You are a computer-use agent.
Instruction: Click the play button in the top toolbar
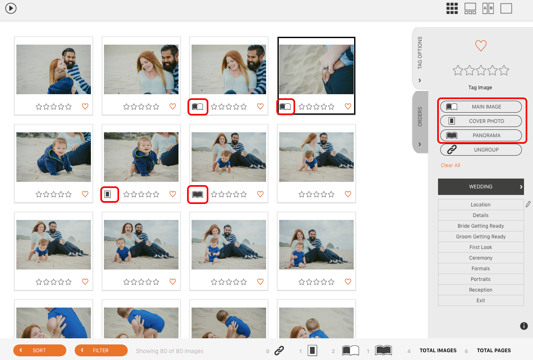click(x=11, y=8)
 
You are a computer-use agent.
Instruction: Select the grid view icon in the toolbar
click(x=452, y=9)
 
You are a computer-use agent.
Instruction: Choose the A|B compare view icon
click(x=488, y=9)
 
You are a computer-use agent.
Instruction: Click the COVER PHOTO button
click(x=481, y=121)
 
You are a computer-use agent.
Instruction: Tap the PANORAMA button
click(x=481, y=135)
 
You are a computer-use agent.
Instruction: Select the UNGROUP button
click(x=481, y=150)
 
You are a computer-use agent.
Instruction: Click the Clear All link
click(x=450, y=165)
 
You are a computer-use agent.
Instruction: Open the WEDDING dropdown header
click(x=481, y=187)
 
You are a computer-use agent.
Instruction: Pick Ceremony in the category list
click(x=481, y=258)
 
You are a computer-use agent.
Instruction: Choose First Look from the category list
click(x=481, y=247)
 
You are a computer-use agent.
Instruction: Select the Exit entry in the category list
click(x=481, y=301)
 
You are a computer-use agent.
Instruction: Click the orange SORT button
click(x=40, y=350)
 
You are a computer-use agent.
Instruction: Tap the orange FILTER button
click(x=101, y=350)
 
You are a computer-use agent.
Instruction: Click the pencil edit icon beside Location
click(x=528, y=204)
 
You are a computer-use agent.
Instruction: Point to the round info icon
click(x=524, y=326)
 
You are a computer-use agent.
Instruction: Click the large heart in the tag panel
click(x=481, y=45)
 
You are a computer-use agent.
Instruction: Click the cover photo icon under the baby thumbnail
click(x=108, y=194)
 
